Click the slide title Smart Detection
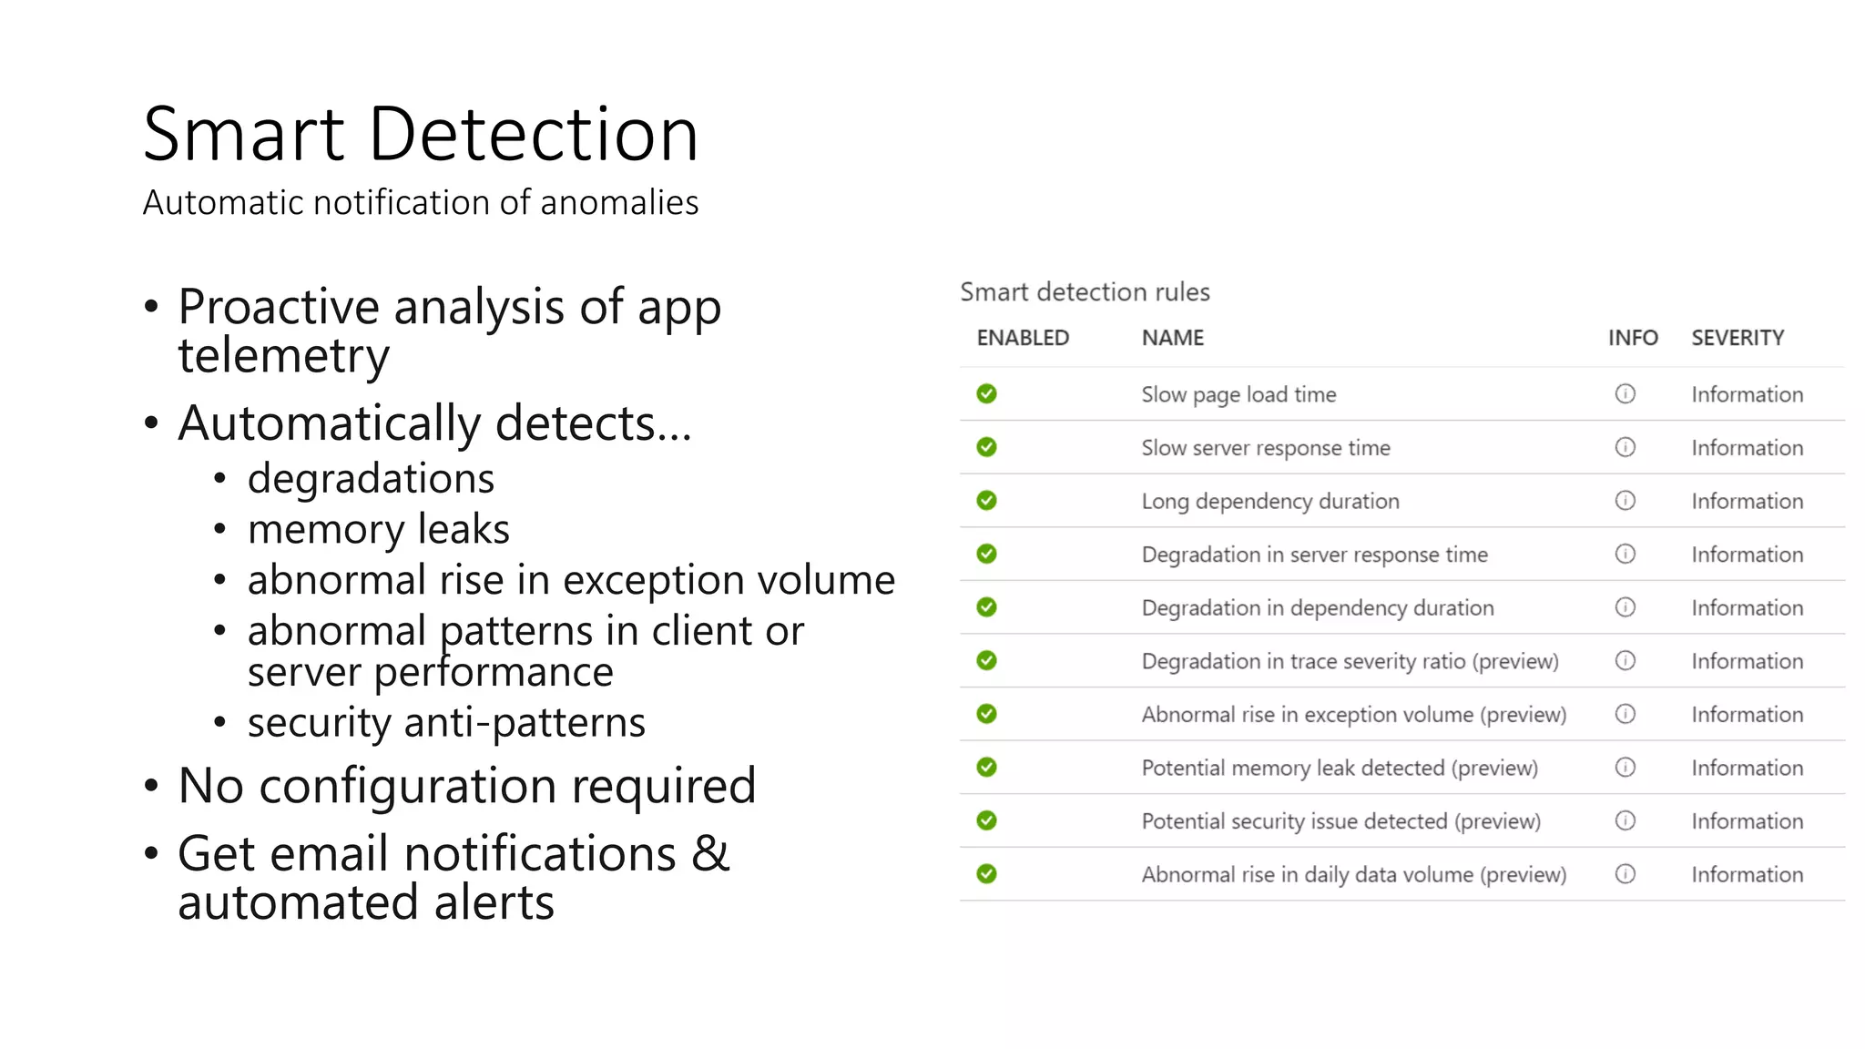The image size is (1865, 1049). point(420,135)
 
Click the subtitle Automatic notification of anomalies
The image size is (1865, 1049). point(420,202)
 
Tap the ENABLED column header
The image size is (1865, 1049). point(1023,338)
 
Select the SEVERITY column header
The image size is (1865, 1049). point(1738,338)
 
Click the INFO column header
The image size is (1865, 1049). point(1632,338)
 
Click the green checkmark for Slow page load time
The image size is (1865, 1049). point(986,393)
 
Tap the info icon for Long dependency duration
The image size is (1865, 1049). point(1625,501)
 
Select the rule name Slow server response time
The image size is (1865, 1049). point(1265,448)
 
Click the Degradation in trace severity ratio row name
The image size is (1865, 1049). point(1350,661)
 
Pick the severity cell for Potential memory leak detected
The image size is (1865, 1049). point(1747,768)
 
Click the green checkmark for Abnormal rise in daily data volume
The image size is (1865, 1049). point(986,874)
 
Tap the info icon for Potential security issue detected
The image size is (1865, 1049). point(1625,820)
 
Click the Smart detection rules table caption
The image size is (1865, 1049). point(1085,292)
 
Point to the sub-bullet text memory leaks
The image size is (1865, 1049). point(378,529)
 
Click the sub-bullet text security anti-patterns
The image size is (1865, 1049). point(446,723)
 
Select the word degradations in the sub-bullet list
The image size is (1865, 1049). point(371,478)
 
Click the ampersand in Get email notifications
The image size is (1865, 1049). point(710,854)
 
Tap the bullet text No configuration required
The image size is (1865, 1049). point(466,785)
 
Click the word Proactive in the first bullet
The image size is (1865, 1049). point(278,307)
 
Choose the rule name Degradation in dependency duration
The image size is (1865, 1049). point(1317,607)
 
